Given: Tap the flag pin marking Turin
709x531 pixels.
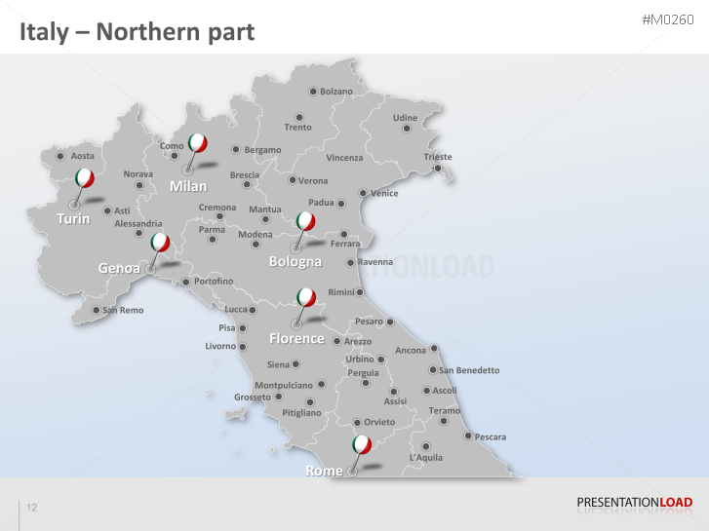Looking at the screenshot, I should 84,178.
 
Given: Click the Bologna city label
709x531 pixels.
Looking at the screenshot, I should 295,262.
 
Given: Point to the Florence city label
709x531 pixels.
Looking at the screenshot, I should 296,339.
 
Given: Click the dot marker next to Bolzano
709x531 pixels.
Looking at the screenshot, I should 313,92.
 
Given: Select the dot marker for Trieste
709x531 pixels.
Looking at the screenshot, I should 438,169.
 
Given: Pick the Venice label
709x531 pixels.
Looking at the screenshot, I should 384,193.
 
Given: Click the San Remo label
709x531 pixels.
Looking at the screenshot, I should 123,311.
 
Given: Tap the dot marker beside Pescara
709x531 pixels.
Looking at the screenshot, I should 468,436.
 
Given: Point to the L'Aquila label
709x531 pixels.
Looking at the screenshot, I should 426,457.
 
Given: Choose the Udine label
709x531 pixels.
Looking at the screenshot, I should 405,119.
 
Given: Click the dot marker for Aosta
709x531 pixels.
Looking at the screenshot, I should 60,156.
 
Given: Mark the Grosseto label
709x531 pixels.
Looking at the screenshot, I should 253,398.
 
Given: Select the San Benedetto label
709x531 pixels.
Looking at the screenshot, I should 469,370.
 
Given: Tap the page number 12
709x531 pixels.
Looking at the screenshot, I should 32,508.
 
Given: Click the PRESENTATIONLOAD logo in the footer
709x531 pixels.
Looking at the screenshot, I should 635,503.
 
